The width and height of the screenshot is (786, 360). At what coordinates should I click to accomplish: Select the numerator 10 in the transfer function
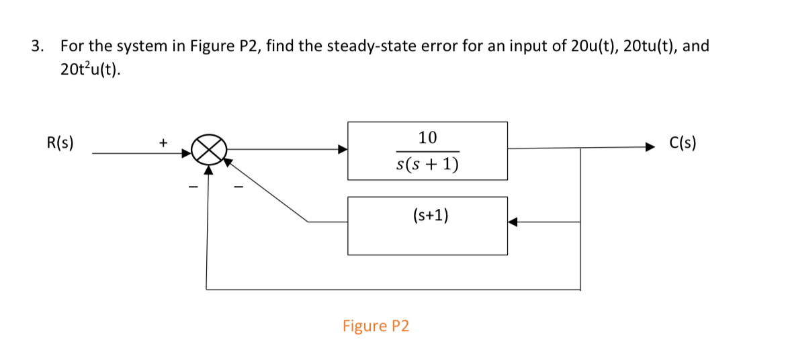(x=427, y=138)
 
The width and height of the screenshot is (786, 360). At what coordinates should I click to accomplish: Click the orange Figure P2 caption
(x=376, y=326)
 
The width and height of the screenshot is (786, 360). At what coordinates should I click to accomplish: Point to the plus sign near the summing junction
(x=162, y=142)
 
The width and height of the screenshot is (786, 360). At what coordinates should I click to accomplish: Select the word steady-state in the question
(x=367, y=46)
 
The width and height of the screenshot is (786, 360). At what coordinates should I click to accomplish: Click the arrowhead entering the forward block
(x=343, y=150)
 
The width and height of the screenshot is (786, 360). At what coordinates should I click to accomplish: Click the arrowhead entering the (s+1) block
(x=512, y=222)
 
